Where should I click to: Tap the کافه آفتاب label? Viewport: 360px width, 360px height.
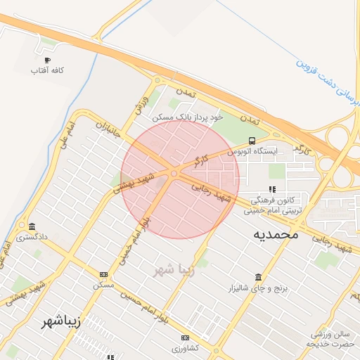click(x=48, y=71)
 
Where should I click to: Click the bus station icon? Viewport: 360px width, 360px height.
click(x=252, y=141)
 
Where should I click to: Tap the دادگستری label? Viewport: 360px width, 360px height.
click(x=34, y=238)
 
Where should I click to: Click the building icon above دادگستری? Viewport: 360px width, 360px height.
click(x=32, y=226)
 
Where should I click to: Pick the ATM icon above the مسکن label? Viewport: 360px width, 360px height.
click(x=104, y=274)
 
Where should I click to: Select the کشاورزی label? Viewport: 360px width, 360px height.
click(x=186, y=349)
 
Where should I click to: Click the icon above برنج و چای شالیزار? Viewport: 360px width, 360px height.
click(x=258, y=277)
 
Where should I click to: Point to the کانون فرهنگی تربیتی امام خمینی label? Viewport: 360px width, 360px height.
click(x=276, y=205)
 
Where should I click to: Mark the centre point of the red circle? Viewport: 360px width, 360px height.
click(x=181, y=179)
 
